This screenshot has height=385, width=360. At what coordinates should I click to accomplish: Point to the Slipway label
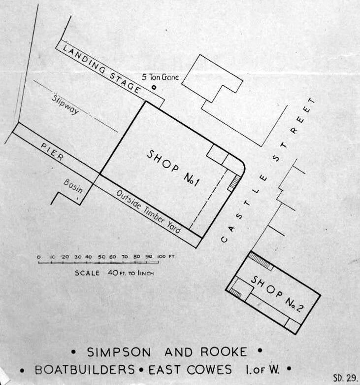[65, 104]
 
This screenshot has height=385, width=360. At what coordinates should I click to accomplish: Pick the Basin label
[73, 186]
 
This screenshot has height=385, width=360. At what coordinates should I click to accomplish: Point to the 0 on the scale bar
[38, 257]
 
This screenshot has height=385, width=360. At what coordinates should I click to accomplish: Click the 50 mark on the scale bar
[101, 257]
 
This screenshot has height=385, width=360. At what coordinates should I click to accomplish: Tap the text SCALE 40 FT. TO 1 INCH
[114, 273]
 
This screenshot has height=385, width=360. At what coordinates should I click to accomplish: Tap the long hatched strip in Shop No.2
[261, 260]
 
